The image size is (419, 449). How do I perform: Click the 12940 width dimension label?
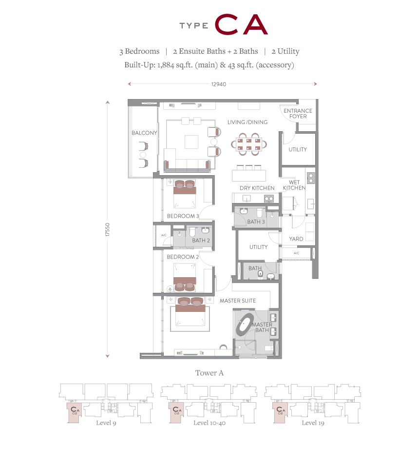pyautogui.click(x=219, y=84)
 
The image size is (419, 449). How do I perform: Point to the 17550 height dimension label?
pyautogui.click(x=108, y=230)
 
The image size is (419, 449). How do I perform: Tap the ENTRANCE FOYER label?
pyautogui.click(x=298, y=113)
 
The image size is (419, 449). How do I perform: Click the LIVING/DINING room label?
pyautogui.click(x=248, y=122)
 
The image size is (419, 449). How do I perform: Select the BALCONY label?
pyautogui.click(x=144, y=133)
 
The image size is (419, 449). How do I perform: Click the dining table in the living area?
pyautogui.click(x=249, y=144)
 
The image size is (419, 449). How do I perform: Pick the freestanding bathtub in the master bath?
pyautogui.click(x=245, y=325)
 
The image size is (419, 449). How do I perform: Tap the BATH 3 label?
pyautogui.click(x=256, y=222)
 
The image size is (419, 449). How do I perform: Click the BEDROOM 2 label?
pyautogui.click(x=183, y=257)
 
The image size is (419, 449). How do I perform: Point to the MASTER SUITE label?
pyautogui.click(x=238, y=301)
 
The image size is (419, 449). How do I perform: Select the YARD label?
pyautogui.click(x=296, y=239)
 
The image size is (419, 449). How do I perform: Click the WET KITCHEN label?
pyautogui.click(x=294, y=185)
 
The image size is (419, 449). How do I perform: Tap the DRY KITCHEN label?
pyautogui.click(x=257, y=188)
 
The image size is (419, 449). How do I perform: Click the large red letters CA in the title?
pyautogui.click(x=241, y=24)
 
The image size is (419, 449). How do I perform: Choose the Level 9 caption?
pyautogui.click(x=106, y=423)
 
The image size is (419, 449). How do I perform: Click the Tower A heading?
pyautogui.click(x=209, y=373)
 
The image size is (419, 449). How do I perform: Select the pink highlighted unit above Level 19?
pyautogui.click(x=280, y=412)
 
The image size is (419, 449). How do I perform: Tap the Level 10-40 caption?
pyautogui.click(x=209, y=423)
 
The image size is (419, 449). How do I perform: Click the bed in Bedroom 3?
pyautogui.click(x=185, y=194)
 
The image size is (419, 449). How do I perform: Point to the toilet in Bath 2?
pyautogui.click(x=192, y=232)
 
